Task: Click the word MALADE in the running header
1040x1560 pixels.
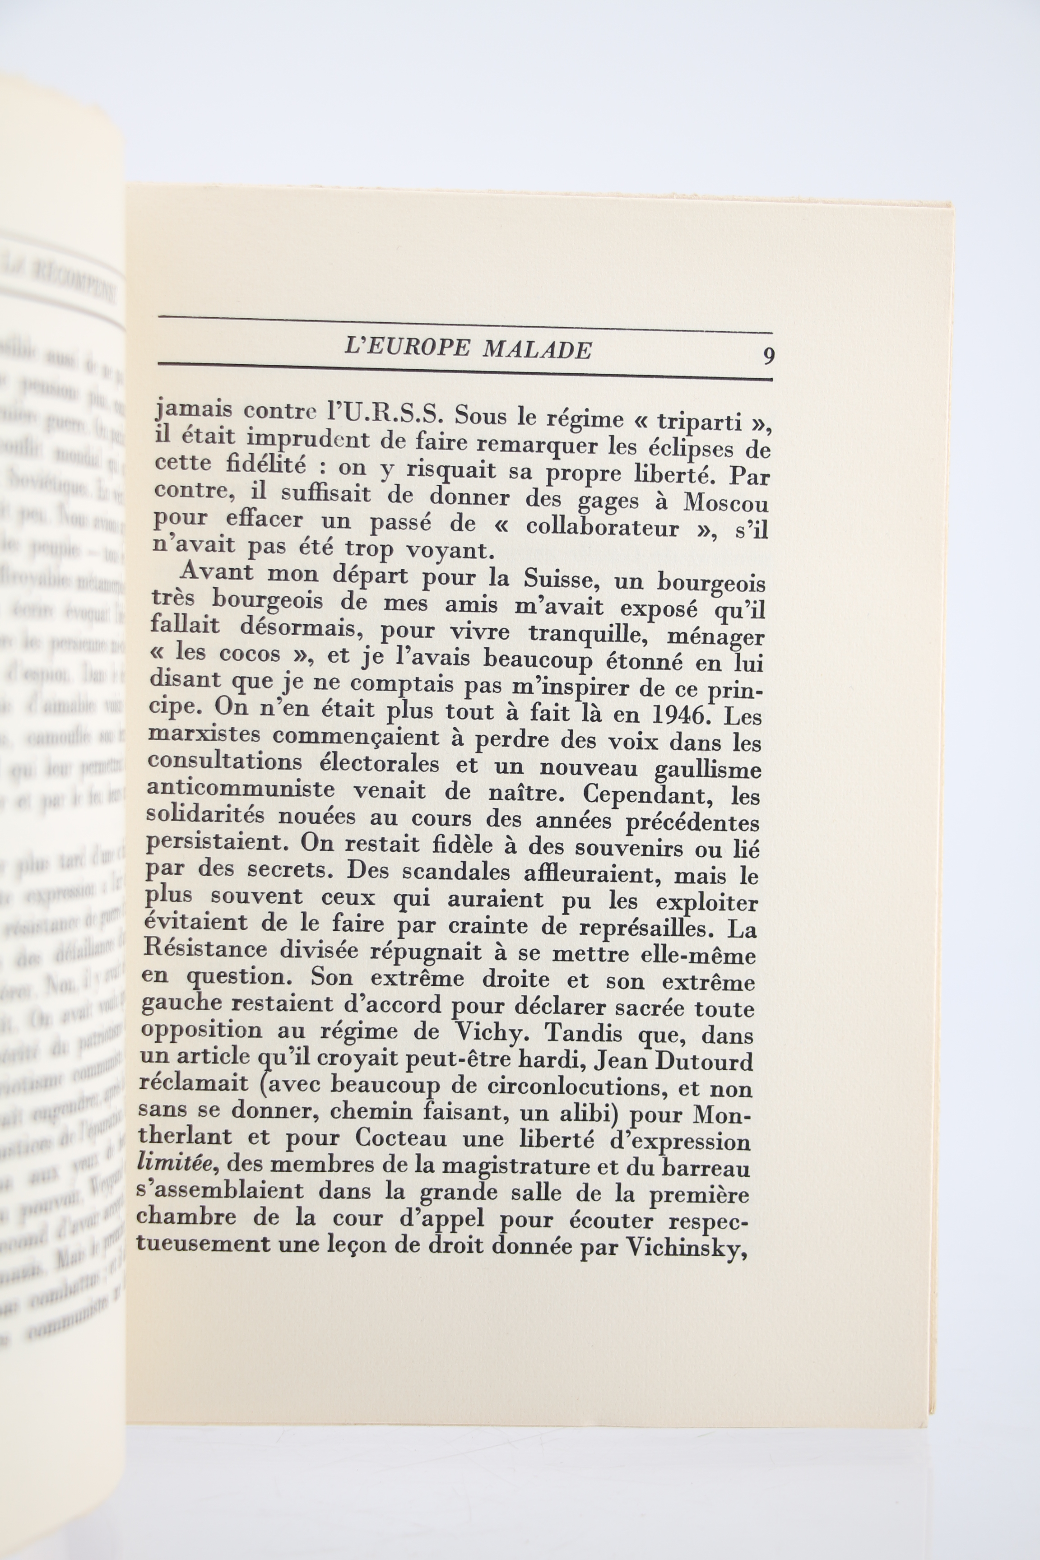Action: coord(537,349)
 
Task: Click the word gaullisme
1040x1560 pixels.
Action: coord(707,769)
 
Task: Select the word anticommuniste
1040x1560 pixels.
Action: coord(240,789)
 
